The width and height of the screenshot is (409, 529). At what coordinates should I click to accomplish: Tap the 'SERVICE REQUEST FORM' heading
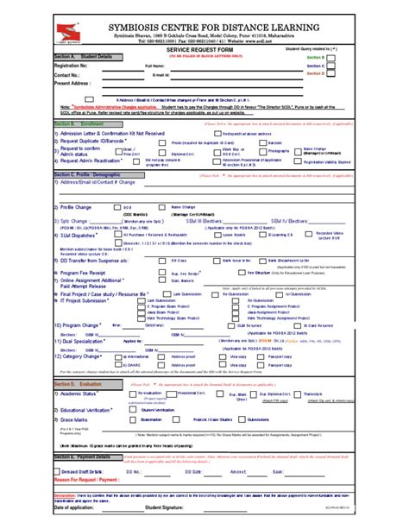tap(204, 52)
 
